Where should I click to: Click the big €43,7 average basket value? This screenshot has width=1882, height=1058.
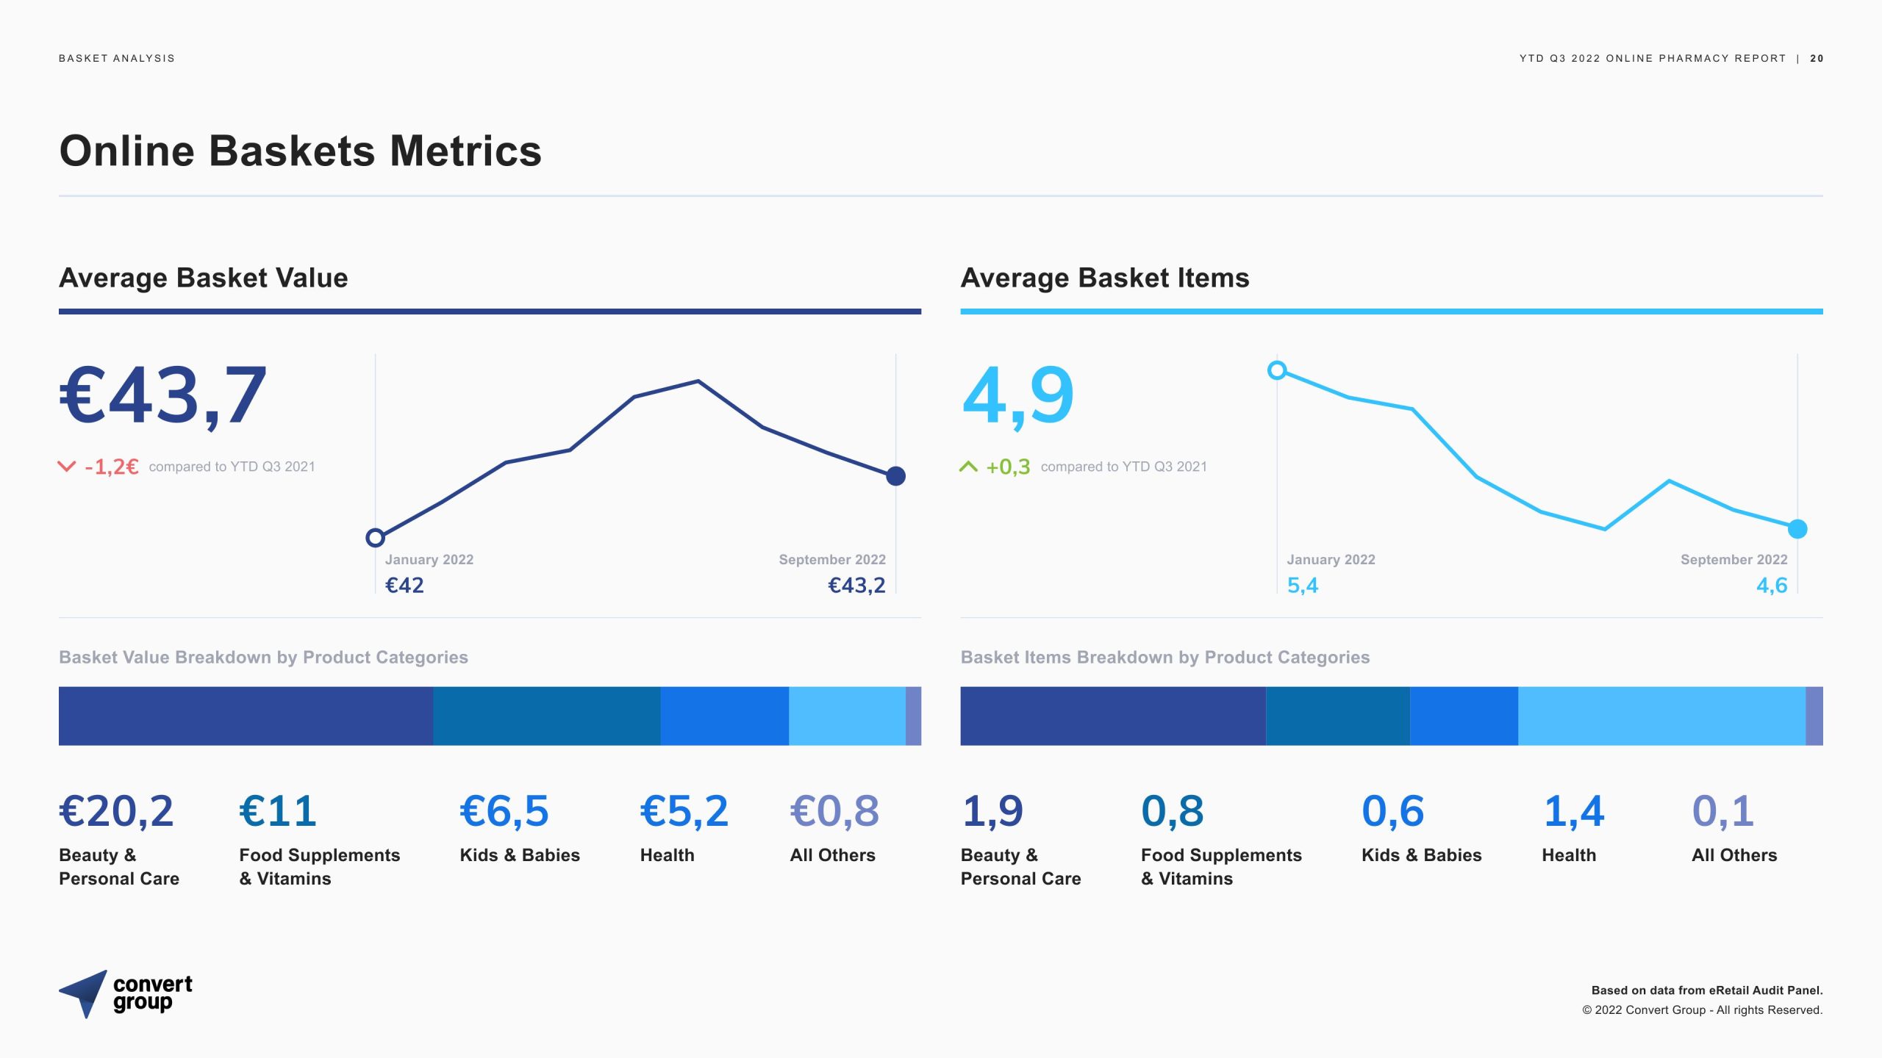pos(162,397)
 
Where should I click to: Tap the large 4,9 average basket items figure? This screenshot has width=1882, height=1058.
pos(1018,397)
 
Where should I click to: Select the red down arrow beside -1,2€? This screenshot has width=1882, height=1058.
pos(67,467)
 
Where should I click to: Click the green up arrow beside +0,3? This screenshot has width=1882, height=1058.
pos(968,467)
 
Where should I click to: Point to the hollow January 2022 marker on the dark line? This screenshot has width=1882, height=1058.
pos(375,538)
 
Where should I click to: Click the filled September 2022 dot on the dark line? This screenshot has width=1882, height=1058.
pos(895,476)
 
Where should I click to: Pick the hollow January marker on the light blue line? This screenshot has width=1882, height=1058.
pos(1277,370)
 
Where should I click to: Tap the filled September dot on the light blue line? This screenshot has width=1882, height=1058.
pos(1797,529)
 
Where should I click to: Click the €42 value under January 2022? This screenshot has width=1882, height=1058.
pos(404,586)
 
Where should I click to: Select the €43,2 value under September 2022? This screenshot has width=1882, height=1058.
pos(856,586)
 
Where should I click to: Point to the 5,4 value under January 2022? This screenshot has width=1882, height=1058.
pos(1302,586)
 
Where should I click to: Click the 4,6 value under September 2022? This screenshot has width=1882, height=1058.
pos(1772,586)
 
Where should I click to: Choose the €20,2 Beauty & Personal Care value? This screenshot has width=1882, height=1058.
pos(116,811)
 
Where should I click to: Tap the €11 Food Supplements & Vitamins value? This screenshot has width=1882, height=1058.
pos(278,811)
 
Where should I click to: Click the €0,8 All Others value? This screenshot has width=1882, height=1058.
pos(834,811)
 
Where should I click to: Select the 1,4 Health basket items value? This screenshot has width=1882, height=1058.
pos(1573,811)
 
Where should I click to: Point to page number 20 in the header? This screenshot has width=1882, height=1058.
pos(1817,59)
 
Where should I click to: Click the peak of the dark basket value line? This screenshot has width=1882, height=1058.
pos(698,381)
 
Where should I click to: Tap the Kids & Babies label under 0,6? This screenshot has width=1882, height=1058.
pos(1421,855)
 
